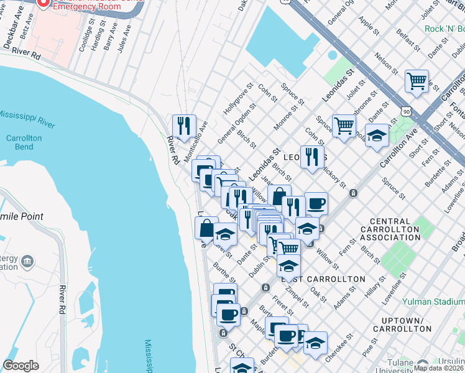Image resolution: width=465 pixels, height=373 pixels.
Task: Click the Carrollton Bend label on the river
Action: tap(19, 142)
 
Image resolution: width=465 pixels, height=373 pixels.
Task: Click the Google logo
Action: tap(21, 366)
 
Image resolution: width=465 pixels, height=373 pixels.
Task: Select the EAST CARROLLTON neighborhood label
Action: tap(323, 279)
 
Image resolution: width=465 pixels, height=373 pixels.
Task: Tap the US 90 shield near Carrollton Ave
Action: tap(406, 111)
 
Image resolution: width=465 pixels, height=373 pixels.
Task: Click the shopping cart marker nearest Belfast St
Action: tap(417, 81)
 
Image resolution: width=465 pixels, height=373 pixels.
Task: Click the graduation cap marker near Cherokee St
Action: tap(315, 343)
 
